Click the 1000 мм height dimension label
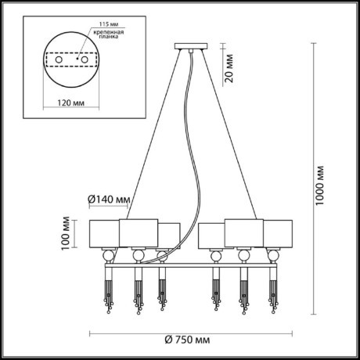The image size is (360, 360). click(x=319, y=185)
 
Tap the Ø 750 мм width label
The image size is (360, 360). click(x=187, y=340)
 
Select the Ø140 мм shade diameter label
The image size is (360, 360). click(x=109, y=200)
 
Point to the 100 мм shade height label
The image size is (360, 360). click(x=66, y=233)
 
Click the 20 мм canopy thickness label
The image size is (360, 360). click(x=229, y=68)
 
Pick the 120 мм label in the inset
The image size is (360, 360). click(x=71, y=103)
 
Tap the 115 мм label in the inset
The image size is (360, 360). click(x=109, y=24)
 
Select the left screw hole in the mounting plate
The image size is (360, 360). click(x=59, y=59)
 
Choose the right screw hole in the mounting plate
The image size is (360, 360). click(x=85, y=59)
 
